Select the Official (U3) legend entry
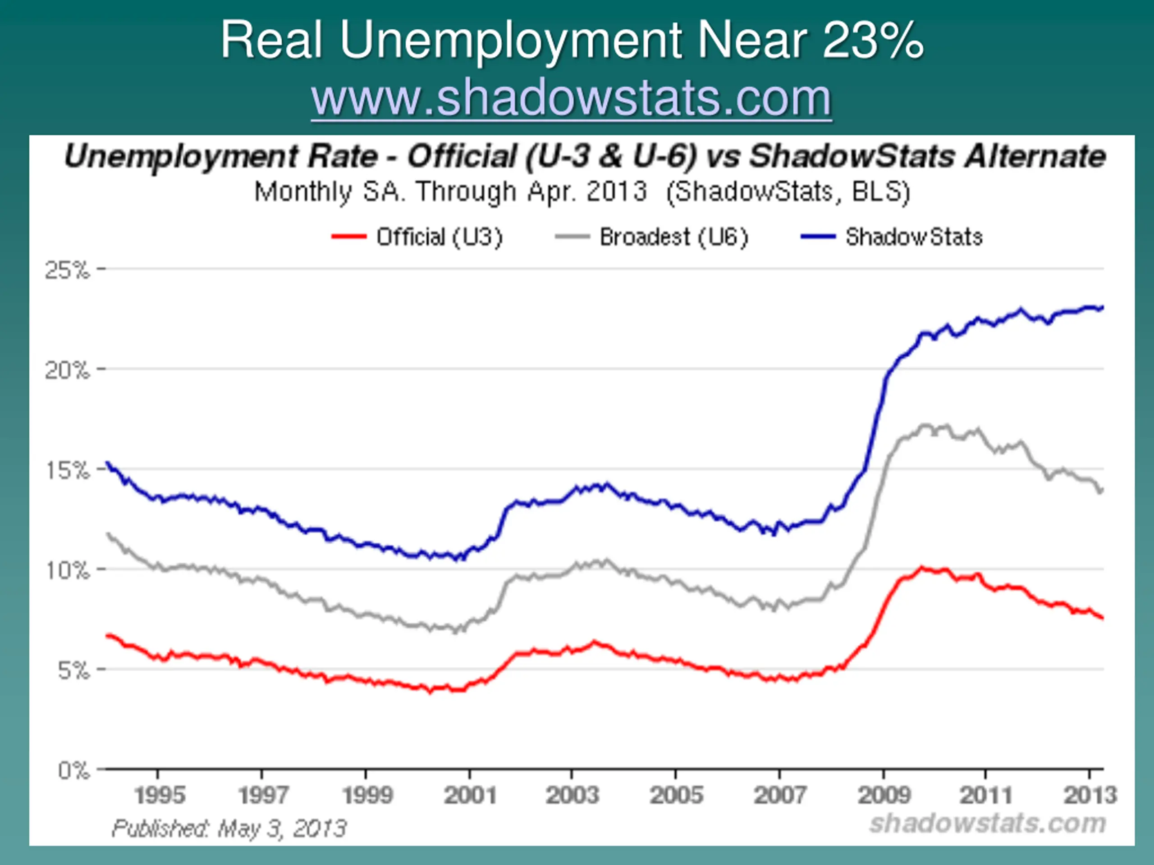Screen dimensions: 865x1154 coord(417,237)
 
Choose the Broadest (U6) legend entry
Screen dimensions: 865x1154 coord(652,237)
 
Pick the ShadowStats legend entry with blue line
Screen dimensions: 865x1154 coord(892,237)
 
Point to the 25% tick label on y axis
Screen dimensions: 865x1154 coord(68,270)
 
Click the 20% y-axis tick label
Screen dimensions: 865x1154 coord(68,371)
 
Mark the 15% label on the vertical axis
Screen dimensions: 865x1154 coord(68,470)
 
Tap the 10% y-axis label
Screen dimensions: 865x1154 coord(68,570)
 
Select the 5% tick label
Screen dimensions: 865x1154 coord(73,670)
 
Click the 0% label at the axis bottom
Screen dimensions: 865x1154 coord(73,769)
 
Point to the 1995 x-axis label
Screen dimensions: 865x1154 coord(160,796)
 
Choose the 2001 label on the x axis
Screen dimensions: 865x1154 coord(470,796)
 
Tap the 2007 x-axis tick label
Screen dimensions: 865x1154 coord(780,796)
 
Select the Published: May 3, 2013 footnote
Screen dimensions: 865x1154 coord(229,828)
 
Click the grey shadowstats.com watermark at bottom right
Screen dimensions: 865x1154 coord(988,824)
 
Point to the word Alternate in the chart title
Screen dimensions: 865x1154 coord(1035,156)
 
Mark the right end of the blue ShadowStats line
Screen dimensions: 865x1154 coord(1102,308)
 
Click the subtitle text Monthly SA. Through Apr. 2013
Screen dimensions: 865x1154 coord(451,192)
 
